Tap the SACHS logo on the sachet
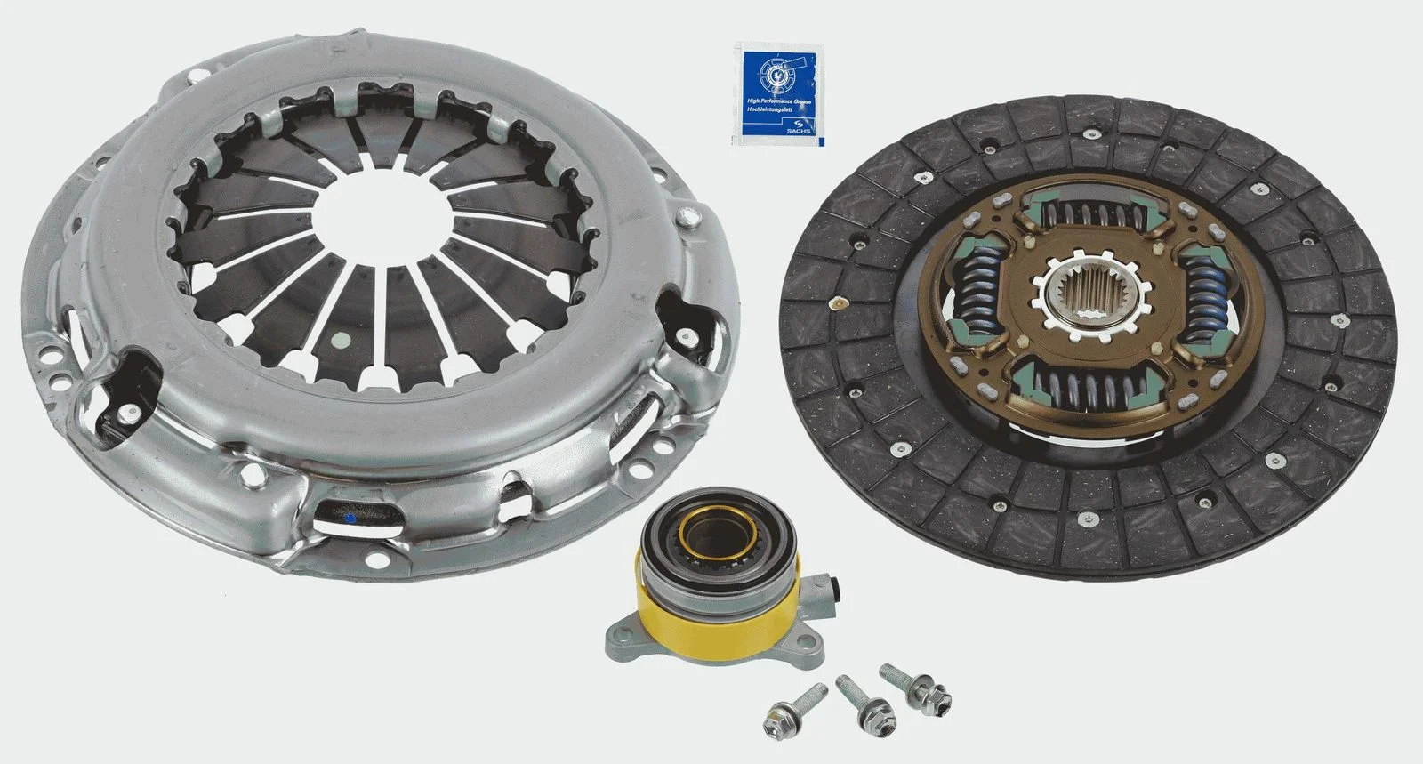point(798,125)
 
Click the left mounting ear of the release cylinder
point(623,635)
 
